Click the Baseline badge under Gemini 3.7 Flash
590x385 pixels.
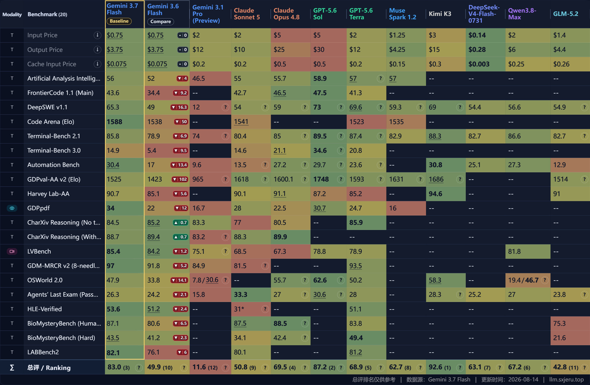(x=119, y=21)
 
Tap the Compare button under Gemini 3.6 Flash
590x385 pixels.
(x=160, y=21)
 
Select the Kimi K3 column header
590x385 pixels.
(x=440, y=14)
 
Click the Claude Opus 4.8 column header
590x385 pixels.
(x=286, y=14)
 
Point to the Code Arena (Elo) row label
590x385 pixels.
(x=51, y=122)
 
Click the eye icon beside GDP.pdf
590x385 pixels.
(x=12, y=208)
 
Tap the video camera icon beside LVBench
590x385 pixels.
(x=12, y=252)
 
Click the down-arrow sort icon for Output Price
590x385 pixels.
(x=97, y=50)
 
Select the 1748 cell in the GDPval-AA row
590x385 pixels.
(x=321, y=179)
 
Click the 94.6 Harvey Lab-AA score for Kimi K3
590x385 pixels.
(x=435, y=194)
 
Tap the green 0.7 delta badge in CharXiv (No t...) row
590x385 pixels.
(x=180, y=223)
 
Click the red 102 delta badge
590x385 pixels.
(x=180, y=179)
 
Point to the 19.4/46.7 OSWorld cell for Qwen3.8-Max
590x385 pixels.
(x=523, y=280)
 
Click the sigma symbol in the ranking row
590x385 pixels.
(x=12, y=368)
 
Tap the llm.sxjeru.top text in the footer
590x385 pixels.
(x=566, y=379)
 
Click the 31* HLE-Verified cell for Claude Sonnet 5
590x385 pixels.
(x=239, y=309)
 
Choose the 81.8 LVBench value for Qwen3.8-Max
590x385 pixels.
(x=514, y=252)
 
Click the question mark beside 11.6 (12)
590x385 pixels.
(x=226, y=368)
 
